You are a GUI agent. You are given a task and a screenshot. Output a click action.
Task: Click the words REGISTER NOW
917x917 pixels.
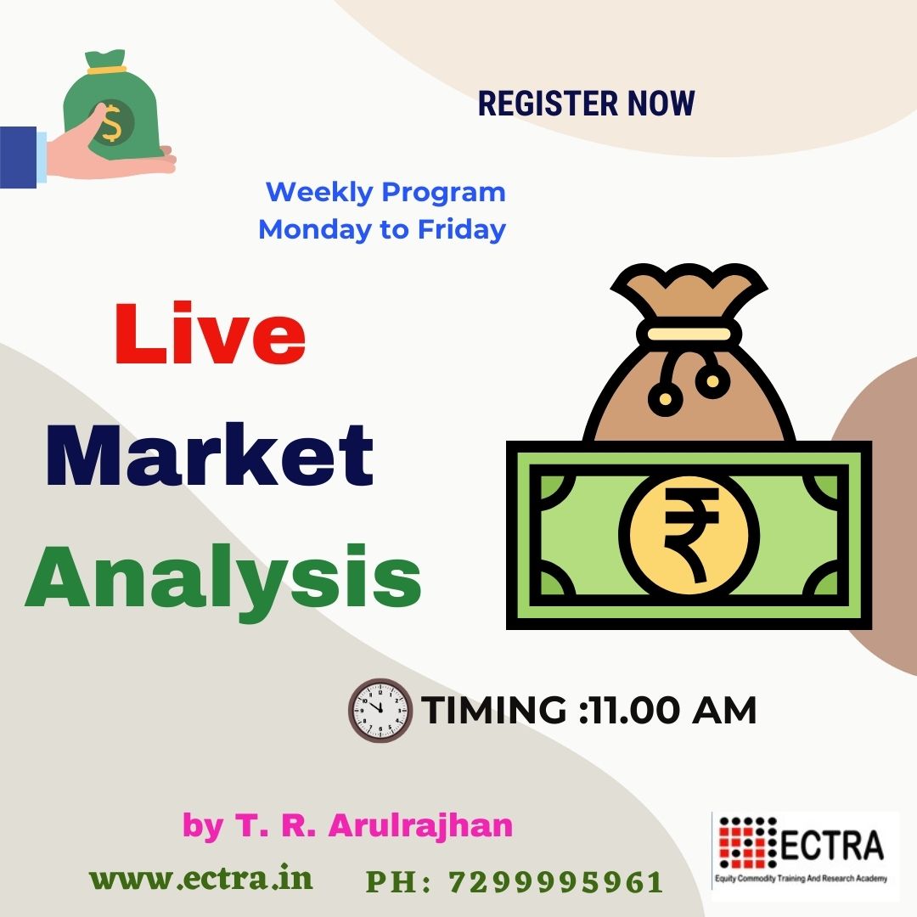click(x=587, y=104)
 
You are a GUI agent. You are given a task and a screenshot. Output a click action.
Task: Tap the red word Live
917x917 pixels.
click(x=211, y=334)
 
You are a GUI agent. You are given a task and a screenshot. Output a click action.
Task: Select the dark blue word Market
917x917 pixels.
click(x=210, y=456)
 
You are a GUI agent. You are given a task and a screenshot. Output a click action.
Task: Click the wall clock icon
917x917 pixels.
click(x=380, y=711)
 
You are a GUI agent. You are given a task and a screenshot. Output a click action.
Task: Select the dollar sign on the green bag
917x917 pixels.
click(x=111, y=123)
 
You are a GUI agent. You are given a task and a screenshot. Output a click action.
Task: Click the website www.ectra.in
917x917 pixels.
click(x=201, y=879)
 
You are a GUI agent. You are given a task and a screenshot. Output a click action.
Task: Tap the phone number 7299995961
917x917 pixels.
click(x=556, y=882)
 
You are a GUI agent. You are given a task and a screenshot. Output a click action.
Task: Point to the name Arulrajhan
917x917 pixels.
click(x=420, y=825)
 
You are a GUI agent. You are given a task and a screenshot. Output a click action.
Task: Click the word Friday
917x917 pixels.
click(x=461, y=229)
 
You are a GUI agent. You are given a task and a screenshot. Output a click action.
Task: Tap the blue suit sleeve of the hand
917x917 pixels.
click(x=18, y=157)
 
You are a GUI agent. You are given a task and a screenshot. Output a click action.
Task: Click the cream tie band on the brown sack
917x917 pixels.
click(x=689, y=334)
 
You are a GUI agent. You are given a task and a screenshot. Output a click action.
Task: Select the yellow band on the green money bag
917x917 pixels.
click(x=106, y=70)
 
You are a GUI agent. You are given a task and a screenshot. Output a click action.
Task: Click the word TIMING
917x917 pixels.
click(x=494, y=711)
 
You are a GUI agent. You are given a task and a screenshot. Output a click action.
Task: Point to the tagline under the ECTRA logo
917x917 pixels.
click(x=802, y=879)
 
